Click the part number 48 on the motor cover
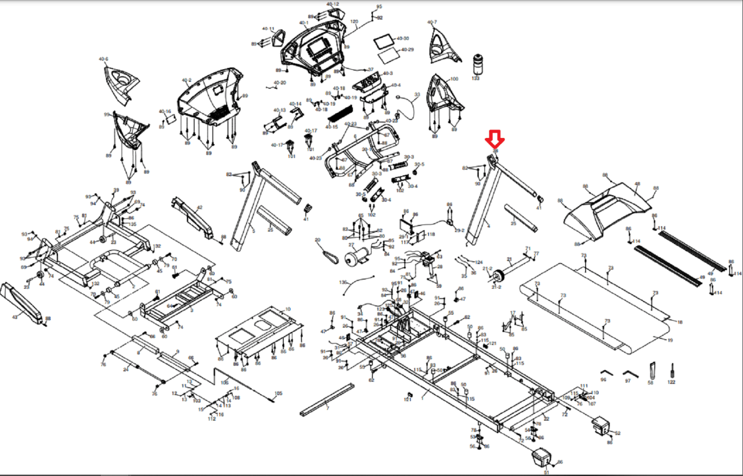tap(637, 184)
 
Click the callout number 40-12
tap(332, 4)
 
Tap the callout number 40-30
tap(403, 39)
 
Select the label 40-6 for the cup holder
tap(103, 59)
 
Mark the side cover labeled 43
tap(21, 302)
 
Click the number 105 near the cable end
tap(278, 393)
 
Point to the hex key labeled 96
tap(606, 373)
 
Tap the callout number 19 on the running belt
tap(670, 340)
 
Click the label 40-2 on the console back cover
tap(186, 80)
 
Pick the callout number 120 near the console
tap(354, 22)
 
